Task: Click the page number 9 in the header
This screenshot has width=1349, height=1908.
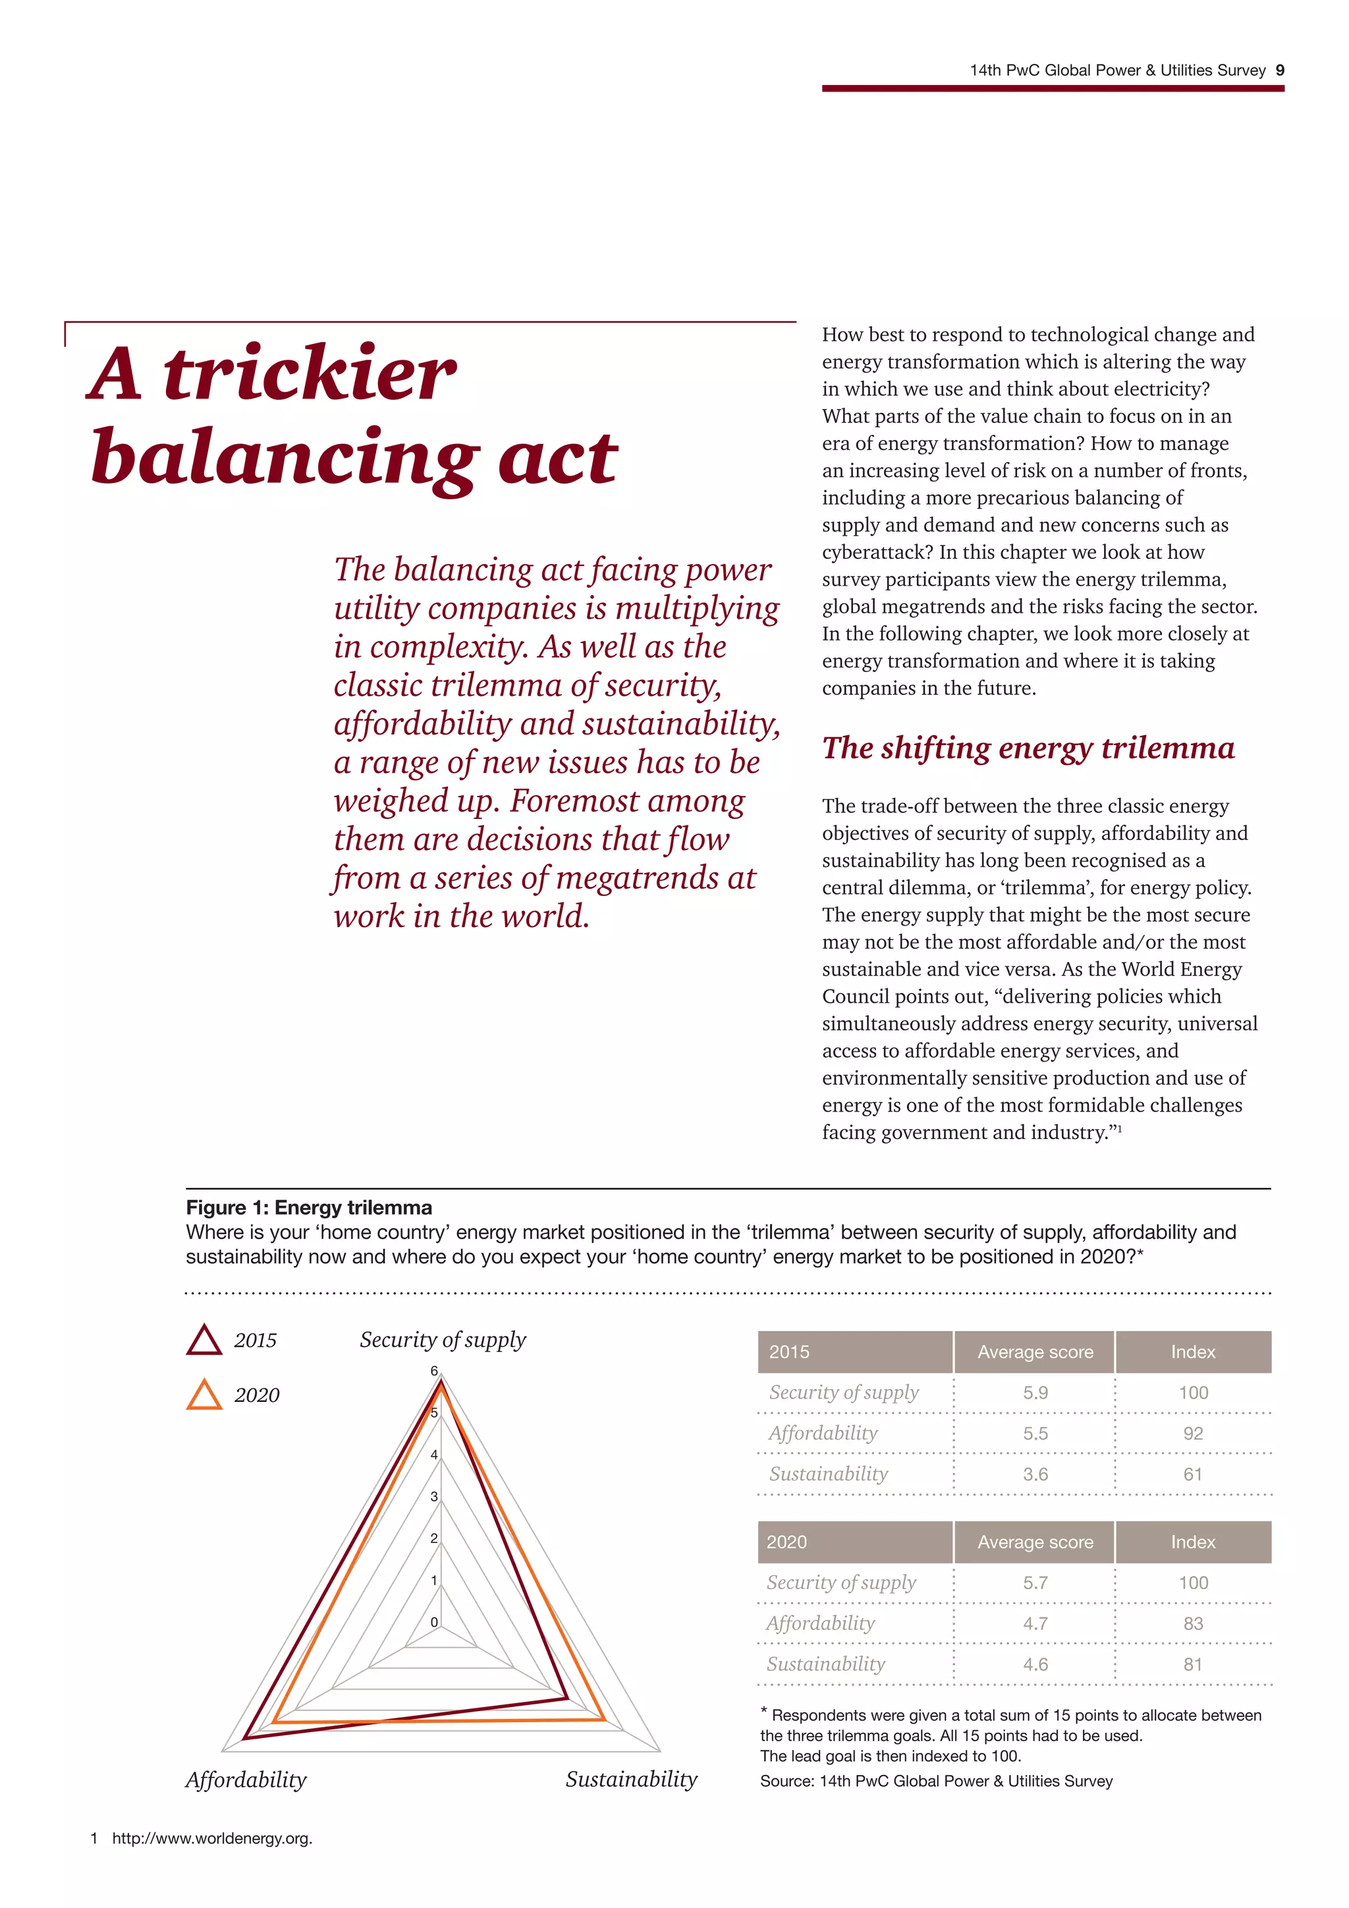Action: click(x=1279, y=70)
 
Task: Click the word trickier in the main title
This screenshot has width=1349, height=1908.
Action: click(x=309, y=374)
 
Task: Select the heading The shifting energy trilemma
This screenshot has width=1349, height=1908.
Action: click(x=1028, y=748)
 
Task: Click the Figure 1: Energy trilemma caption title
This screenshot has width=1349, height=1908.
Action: click(x=309, y=1208)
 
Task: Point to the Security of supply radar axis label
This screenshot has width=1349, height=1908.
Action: click(x=442, y=1339)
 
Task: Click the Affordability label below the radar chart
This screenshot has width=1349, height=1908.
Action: click(x=246, y=1779)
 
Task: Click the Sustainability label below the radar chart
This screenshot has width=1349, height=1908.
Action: click(x=631, y=1779)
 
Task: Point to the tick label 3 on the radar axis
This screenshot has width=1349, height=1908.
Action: click(x=433, y=1497)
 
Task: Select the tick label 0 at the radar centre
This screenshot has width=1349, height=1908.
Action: click(x=433, y=1622)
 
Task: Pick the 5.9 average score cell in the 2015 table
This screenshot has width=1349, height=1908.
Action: click(x=1035, y=1393)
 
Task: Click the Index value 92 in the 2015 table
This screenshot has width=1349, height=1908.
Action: click(x=1193, y=1434)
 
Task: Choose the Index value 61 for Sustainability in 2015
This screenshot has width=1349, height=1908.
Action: click(x=1193, y=1474)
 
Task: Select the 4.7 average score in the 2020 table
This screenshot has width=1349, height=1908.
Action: click(x=1035, y=1624)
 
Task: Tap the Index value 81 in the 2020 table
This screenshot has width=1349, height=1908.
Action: click(x=1193, y=1664)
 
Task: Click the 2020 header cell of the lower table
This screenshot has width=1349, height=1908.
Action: click(x=786, y=1542)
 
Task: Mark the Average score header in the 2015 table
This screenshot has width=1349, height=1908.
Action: click(x=1035, y=1352)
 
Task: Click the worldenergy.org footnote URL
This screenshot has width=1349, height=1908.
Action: click(x=212, y=1839)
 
